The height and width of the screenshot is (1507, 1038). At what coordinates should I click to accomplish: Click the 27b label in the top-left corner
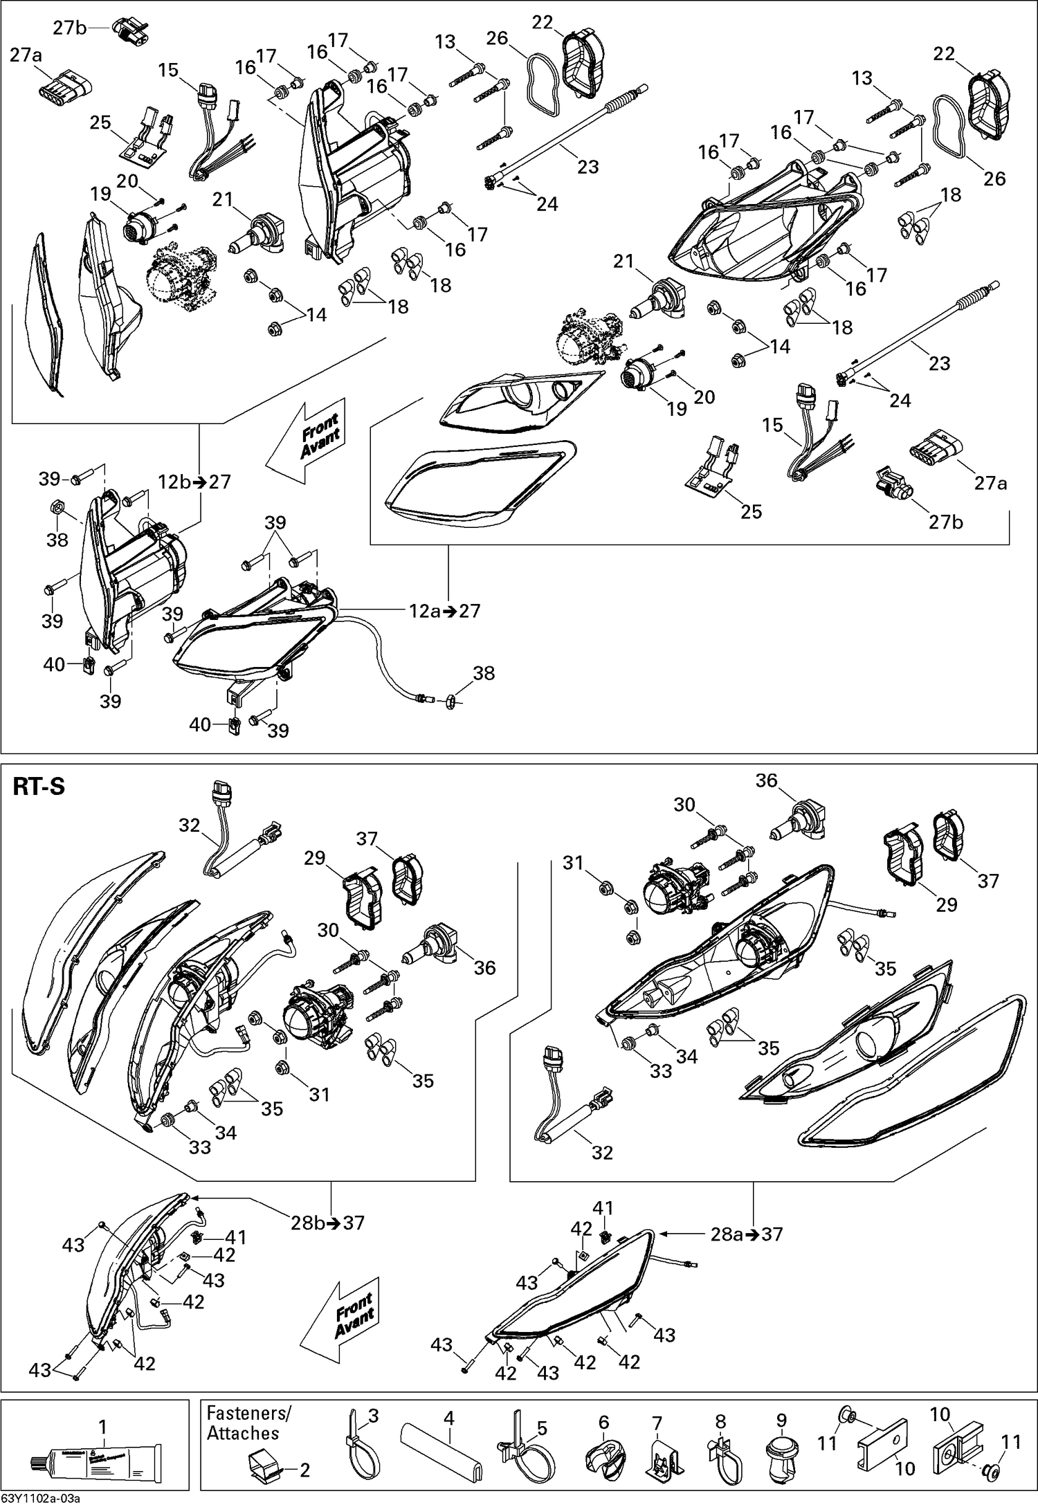[70, 28]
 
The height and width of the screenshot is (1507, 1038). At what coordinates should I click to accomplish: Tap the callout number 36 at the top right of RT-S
[766, 780]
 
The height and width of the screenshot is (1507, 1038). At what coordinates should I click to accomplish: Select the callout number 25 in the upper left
[101, 122]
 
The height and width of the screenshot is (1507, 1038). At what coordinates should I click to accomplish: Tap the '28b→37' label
[327, 1223]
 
